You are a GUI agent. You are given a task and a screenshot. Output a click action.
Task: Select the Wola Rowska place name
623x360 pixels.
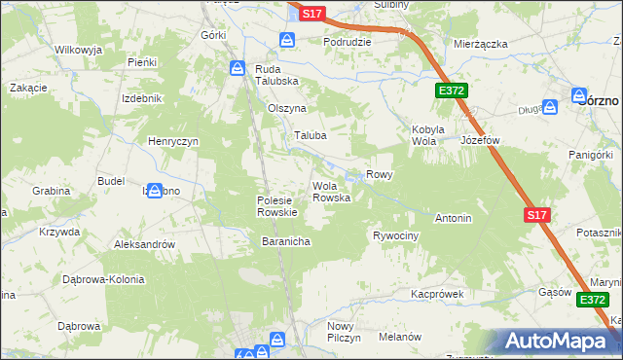point(331,192)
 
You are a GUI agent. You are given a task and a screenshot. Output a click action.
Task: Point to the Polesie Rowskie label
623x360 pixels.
point(276,205)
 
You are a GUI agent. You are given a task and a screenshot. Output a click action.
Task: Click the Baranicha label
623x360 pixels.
point(285,240)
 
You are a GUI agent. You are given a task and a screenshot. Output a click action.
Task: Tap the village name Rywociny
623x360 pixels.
point(395,236)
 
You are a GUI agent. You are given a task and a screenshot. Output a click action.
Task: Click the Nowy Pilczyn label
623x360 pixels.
point(344,331)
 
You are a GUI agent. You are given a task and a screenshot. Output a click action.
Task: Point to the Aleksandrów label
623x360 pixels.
point(144,244)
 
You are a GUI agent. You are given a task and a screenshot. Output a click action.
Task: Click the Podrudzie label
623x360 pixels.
point(347,43)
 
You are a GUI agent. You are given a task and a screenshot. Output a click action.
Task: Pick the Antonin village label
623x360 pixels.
point(453,218)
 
